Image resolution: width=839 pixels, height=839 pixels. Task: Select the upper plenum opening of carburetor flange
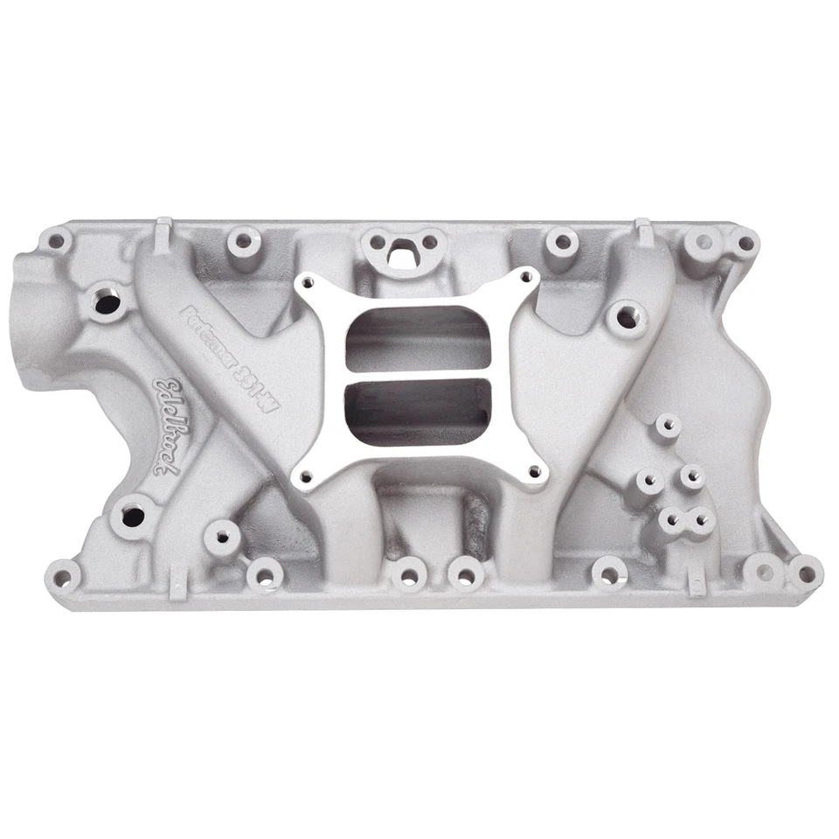(419, 336)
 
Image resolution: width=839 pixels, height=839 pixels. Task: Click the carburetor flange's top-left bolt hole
(307, 281)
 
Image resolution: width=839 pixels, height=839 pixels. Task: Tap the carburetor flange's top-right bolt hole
(526, 276)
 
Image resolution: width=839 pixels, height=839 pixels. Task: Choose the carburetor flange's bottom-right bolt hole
(535, 473)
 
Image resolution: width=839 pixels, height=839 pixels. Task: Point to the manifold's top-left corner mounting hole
(56, 238)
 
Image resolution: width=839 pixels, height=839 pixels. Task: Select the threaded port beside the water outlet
(109, 303)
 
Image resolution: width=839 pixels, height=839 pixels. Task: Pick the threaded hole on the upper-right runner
(628, 318)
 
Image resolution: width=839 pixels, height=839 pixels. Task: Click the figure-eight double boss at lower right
(685, 521)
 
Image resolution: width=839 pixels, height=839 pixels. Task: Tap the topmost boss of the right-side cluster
(668, 426)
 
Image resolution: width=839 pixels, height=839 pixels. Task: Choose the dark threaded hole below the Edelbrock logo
(132, 516)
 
